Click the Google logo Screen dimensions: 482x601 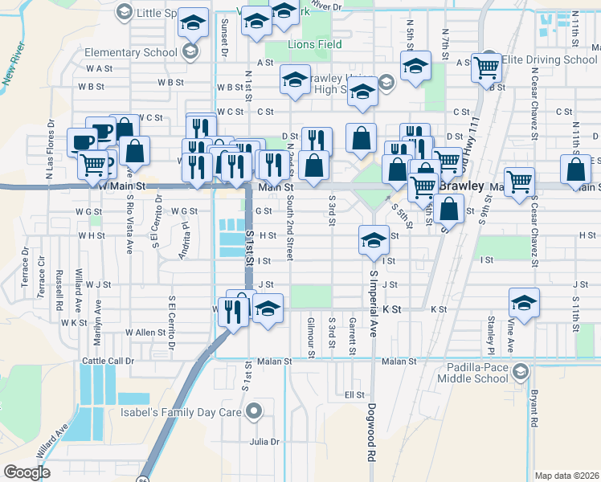(x=27, y=472)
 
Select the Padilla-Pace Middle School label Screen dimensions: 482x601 (x=470, y=373)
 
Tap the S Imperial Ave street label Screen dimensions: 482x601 (x=374, y=304)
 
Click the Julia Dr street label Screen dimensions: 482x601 (x=264, y=442)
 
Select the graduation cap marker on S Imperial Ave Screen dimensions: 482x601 (x=373, y=239)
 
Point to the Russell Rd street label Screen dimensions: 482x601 (x=59, y=295)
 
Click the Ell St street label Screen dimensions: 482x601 (x=354, y=395)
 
